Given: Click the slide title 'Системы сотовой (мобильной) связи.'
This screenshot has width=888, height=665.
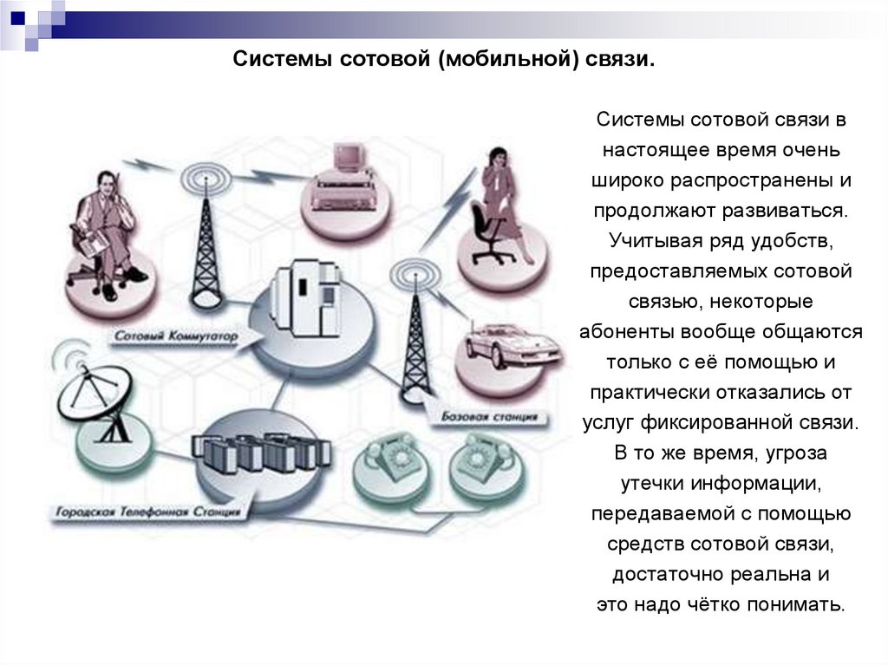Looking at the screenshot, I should (x=443, y=61).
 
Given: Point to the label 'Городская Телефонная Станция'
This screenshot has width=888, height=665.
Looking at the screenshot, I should (x=148, y=512).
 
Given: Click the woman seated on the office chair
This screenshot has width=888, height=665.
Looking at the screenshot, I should (x=500, y=208).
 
